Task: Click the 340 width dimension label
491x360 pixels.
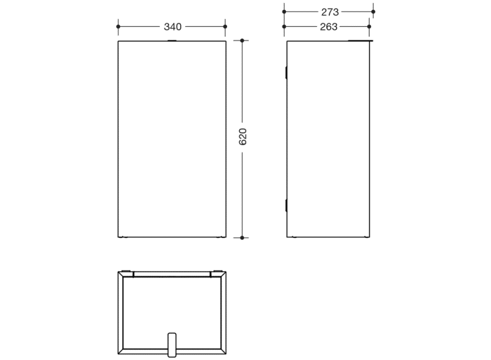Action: pos(172,27)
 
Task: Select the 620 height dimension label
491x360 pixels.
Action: pos(242,137)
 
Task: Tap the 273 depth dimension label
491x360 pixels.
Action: pos(330,12)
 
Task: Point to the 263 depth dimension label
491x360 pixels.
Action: pos(329,27)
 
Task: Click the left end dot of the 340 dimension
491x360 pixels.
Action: pos(118,27)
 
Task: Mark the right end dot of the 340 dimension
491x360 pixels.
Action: pos(225,27)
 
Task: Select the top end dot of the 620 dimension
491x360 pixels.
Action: pos(242,41)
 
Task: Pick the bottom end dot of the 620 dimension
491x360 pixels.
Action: pos(242,237)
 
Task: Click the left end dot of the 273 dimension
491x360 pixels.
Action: pos(285,12)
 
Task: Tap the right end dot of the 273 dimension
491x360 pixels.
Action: pos(373,12)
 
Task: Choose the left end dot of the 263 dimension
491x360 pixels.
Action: pos(285,27)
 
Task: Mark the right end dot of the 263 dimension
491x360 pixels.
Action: pos(369,27)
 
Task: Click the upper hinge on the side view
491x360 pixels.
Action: pos(286,72)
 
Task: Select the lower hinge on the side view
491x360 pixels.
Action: pos(286,205)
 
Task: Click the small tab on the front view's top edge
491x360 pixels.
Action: pos(172,41)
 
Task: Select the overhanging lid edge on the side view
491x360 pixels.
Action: pos(360,41)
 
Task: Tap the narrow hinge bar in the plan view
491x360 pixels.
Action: pos(172,275)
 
